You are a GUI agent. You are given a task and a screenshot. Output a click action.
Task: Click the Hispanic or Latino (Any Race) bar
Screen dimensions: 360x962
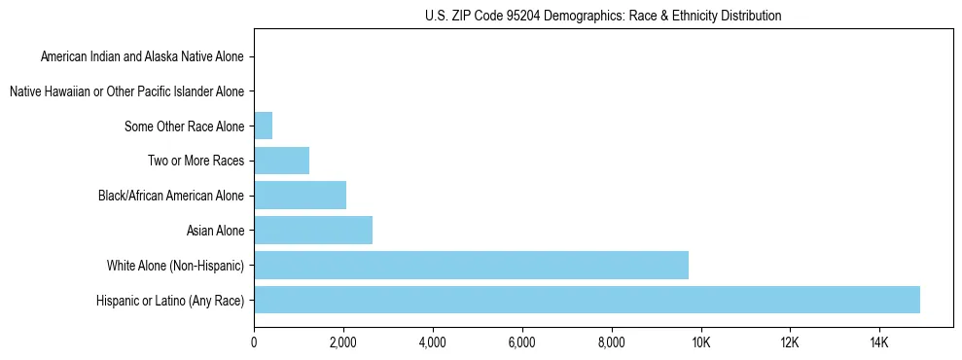(x=587, y=300)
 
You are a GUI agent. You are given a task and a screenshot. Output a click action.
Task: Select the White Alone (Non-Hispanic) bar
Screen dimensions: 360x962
(x=471, y=265)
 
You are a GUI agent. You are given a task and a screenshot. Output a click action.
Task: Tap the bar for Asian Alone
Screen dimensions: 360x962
(x=313, y=231)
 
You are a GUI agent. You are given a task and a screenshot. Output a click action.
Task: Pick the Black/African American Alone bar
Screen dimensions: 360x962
(x=300, y=196)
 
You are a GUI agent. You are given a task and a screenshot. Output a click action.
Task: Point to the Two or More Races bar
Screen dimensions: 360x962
(x=281, y=161)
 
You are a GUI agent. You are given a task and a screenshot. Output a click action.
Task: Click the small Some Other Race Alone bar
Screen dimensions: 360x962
(x=263, y=126)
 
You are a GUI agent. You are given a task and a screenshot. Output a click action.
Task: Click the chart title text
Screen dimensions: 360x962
(x=603, y=16)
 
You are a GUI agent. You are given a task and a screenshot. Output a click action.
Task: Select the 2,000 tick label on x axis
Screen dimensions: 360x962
(x=342, y=343)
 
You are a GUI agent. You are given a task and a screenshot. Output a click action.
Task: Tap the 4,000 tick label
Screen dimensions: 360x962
(x=432, y=343)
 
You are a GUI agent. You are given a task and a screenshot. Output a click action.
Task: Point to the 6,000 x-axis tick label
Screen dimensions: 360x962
(x=521, y=343)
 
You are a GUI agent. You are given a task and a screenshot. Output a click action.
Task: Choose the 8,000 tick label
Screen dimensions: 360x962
(x=611, y=343)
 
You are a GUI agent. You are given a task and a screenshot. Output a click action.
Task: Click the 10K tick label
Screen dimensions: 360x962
(x=700, y=343)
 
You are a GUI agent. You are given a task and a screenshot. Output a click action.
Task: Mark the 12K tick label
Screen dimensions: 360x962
(x=790, y=343)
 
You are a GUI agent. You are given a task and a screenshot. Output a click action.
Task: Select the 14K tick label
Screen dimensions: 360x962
(x=879, y=343)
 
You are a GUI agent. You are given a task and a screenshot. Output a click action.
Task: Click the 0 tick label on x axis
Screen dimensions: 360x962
(x=254, y=343)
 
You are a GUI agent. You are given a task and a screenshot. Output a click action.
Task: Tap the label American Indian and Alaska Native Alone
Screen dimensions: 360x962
(x=142, y=56)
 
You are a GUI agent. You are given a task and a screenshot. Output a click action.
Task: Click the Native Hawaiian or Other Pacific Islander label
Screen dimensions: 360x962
(x=126, y=91)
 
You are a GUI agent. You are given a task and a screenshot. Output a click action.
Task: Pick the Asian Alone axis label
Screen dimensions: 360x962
(x=215, y=231)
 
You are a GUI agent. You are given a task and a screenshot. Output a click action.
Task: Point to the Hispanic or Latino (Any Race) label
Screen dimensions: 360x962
(x=170, y=300)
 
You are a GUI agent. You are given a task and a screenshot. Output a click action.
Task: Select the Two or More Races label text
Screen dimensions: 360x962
(x=196, y=161)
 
